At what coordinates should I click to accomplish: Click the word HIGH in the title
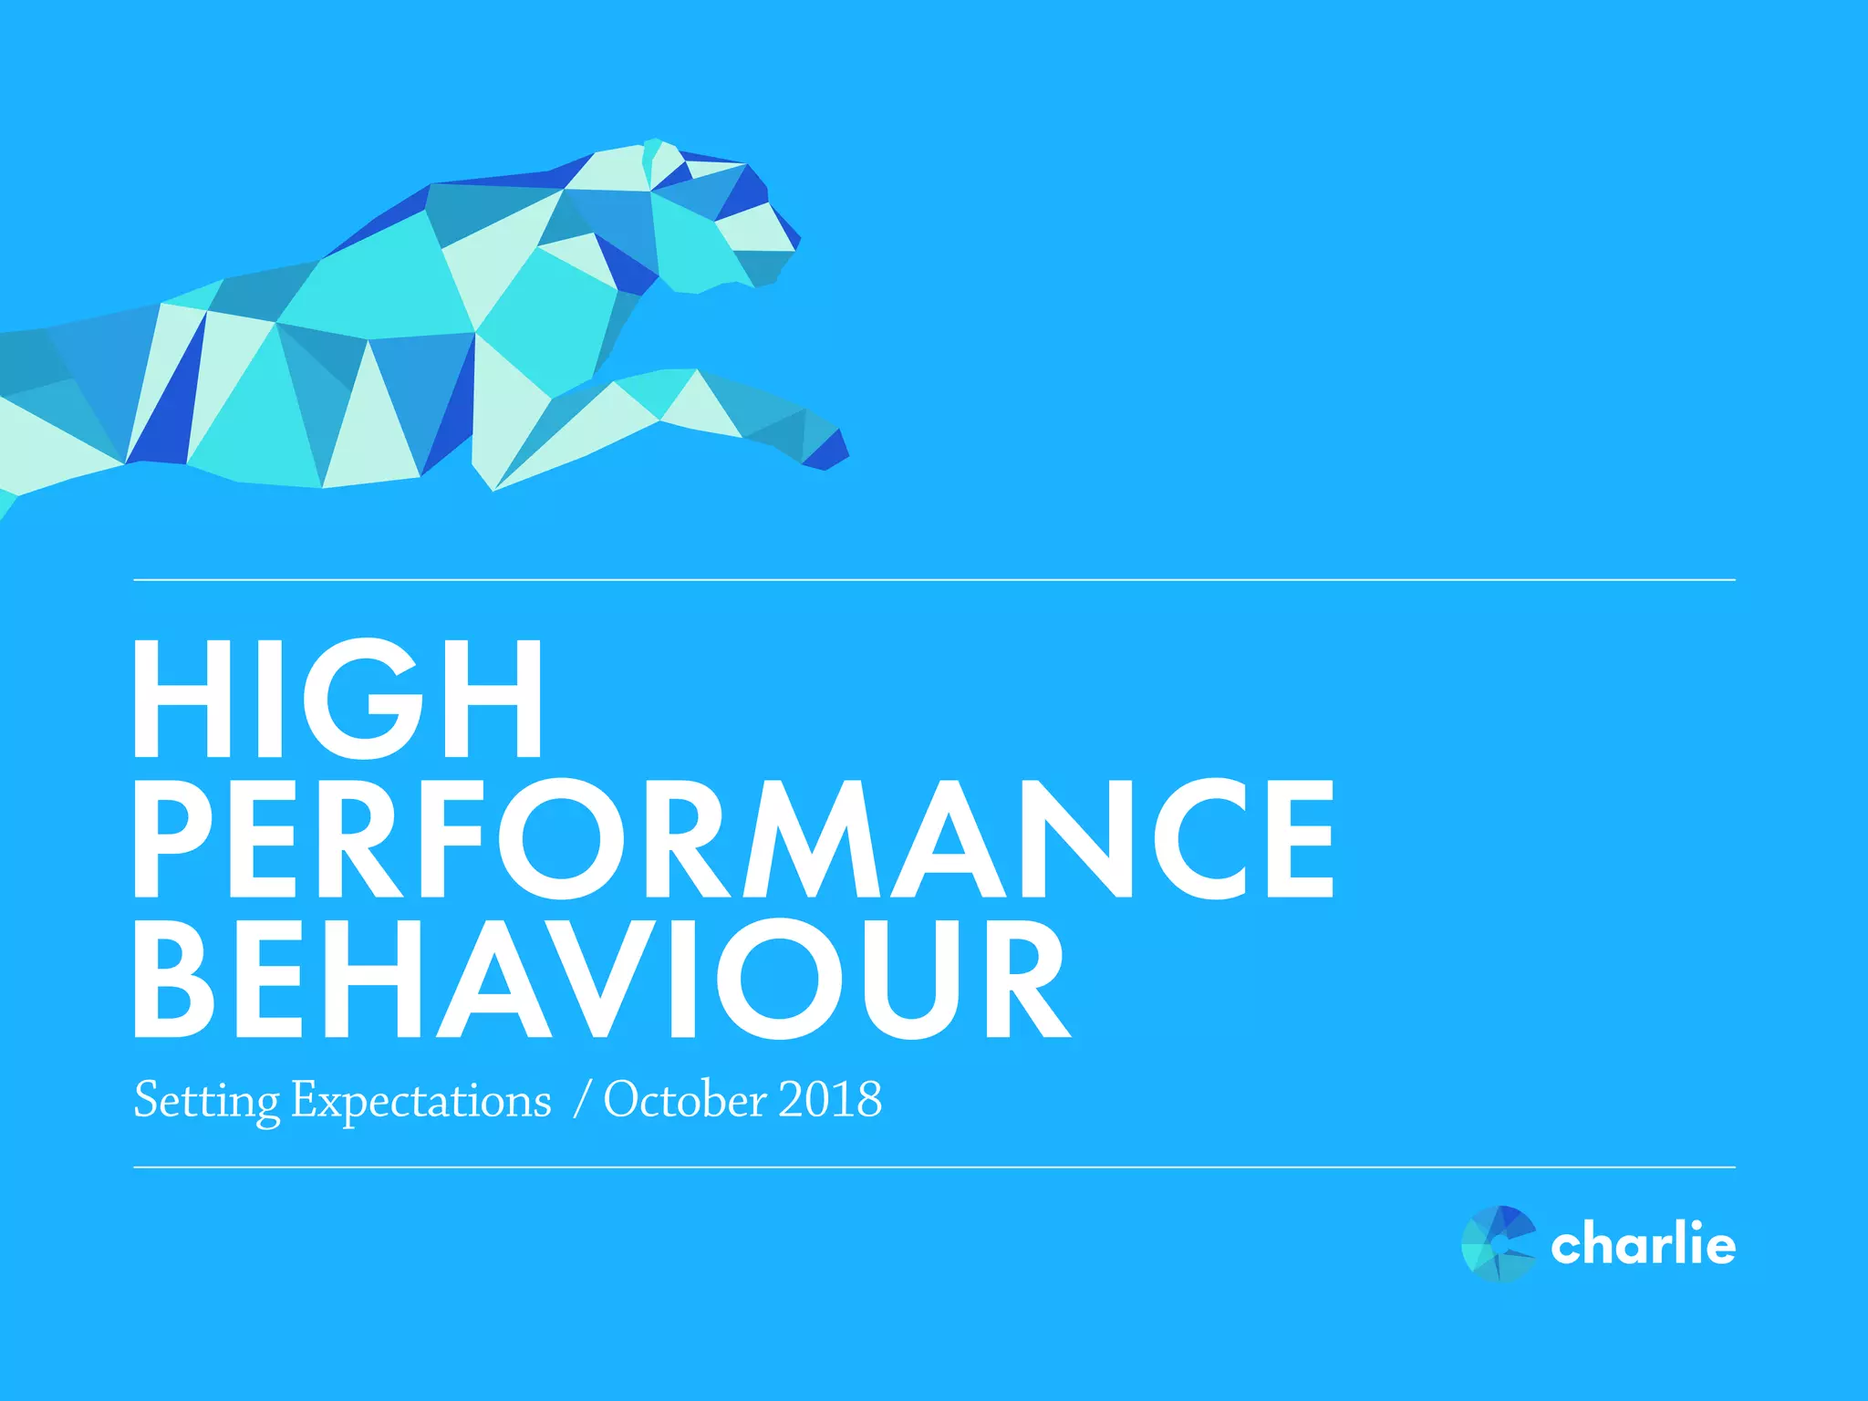(337, 699)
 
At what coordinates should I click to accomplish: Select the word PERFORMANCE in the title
(734, 839)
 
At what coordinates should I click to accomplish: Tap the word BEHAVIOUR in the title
(602, 980)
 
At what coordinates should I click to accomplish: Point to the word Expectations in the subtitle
(421, 1100)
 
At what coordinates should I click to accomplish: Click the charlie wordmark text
(1643, 1244)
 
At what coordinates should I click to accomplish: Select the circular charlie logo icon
(1498, 1244)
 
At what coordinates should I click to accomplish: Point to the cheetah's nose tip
(795, 239)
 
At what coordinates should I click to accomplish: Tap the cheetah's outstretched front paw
(825, 449)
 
